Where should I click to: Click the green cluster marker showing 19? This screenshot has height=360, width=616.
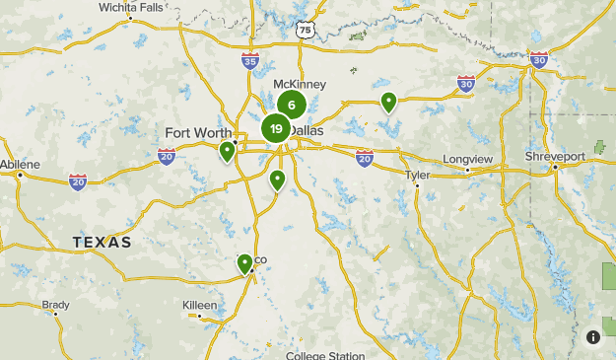[276, 128]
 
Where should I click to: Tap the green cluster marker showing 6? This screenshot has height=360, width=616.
[292, 105]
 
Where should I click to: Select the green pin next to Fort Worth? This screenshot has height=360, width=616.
[228, 152]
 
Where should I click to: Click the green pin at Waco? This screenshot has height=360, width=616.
[244, 263]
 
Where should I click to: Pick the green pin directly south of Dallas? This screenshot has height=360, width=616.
[278, 180]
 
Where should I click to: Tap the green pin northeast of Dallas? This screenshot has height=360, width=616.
[389, 101]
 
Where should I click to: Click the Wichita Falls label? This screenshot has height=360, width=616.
[131, 7]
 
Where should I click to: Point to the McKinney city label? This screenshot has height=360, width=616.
[300, 85]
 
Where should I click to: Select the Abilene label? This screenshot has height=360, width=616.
[21, 164]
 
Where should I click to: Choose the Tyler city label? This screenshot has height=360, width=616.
[418, 175]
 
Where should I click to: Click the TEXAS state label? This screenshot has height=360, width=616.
[102, 242]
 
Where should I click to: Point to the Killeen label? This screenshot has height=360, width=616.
[200, 306]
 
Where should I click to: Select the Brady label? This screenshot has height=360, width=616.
[56, 306]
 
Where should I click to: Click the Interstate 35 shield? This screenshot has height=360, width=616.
[250, 62]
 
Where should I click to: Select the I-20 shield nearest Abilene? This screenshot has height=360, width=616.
[78, 180]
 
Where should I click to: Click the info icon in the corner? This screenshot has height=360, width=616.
[593, 337]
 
